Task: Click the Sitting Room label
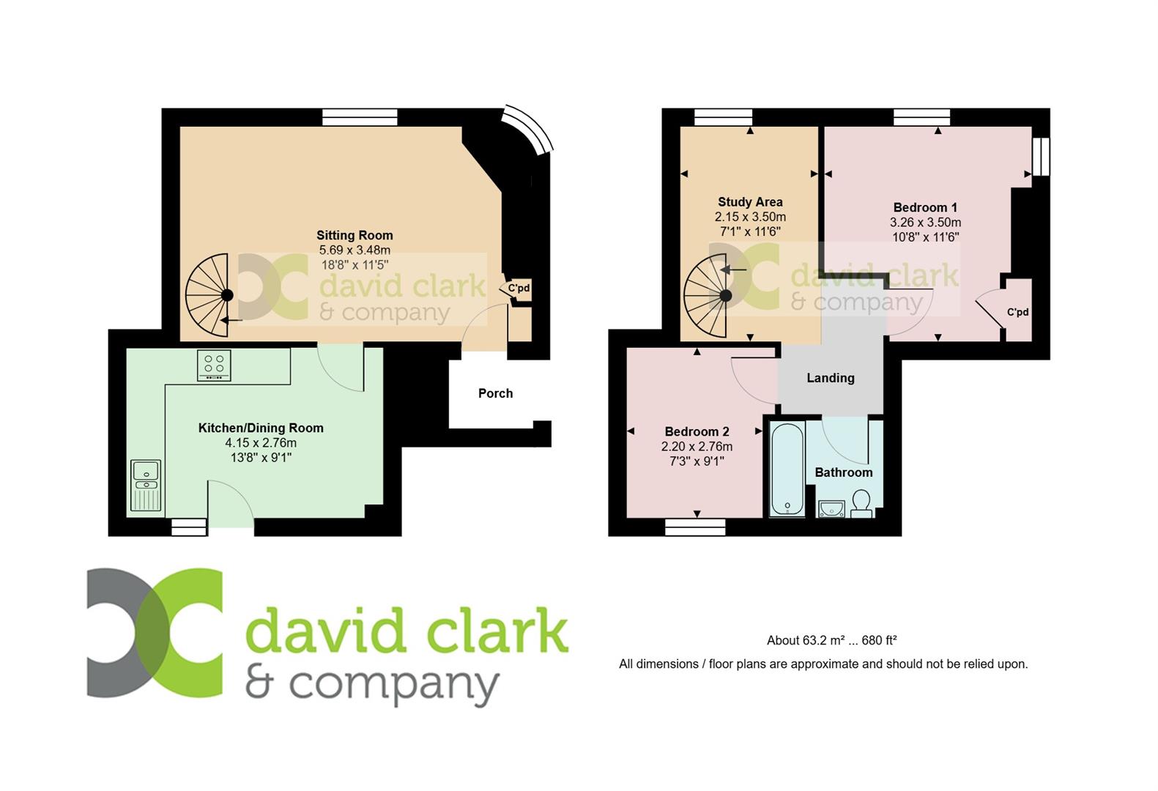pos(355,236)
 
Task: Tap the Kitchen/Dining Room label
pos(261,428)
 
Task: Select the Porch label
pos(495,393)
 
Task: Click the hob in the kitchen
pos(214,365)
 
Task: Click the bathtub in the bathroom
pos(787,469)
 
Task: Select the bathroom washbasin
pos(832,508)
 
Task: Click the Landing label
pos(830,378)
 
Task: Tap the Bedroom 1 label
pos(925,207)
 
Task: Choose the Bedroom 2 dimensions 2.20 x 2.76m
pos(697,446)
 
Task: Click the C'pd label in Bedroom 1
pos(1017,312)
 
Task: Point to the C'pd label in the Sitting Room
pos(519,289)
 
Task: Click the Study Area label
pos(750,202)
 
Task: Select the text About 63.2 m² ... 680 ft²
pos(831,640)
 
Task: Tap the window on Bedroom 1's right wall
pos(1041,157)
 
